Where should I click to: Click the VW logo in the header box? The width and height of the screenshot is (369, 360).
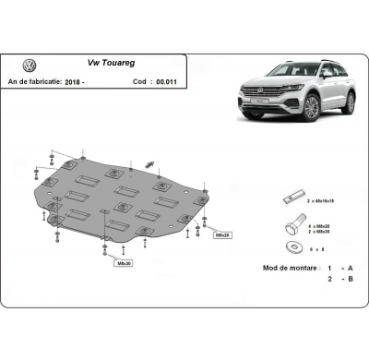[x=29, y=66]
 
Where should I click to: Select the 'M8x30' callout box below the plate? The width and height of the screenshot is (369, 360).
[x=123, y=263]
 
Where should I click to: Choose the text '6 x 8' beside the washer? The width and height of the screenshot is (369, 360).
[x=317, y=247]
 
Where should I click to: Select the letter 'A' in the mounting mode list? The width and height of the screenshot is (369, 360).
[x=349, y=267]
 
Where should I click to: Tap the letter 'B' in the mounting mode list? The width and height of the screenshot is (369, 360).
[x=349, y=279]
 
